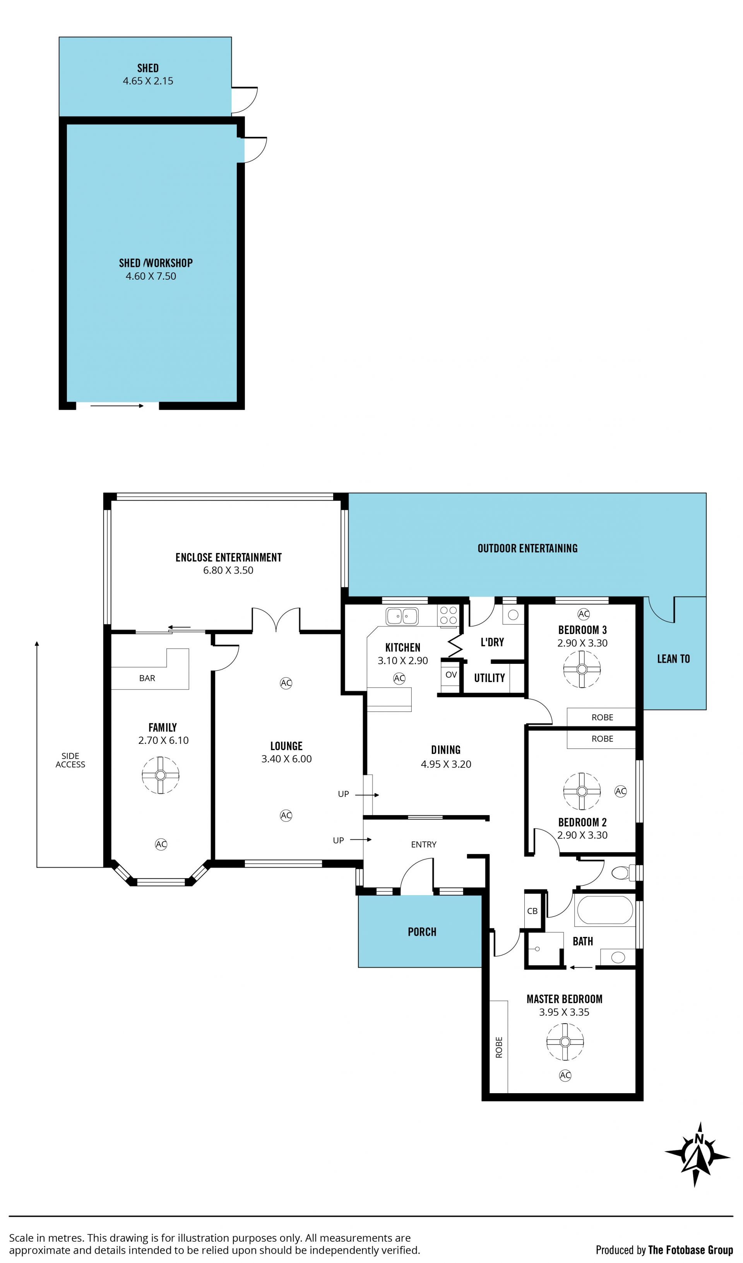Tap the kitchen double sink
pos(402,616)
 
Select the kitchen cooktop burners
pos(448,615)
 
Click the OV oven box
pos(451,675)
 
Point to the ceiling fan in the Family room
pos(161,775)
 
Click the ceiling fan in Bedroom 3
pos(582,669)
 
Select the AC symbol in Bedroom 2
pos(621,791)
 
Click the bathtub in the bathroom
pos(605,910)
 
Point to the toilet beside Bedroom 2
pos(623,873)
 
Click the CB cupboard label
pos(532,911)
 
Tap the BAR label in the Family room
pos(147,678)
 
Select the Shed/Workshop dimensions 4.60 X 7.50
pos(151,276)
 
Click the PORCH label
pos(422,932)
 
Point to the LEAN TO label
pos(673,659)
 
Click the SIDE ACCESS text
pos(70,760)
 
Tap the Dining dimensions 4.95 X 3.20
pos(446,764)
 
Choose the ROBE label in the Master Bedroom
pos(499,1048)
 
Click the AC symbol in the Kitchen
pos(399,678)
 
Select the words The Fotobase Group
pos(690,1250)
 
